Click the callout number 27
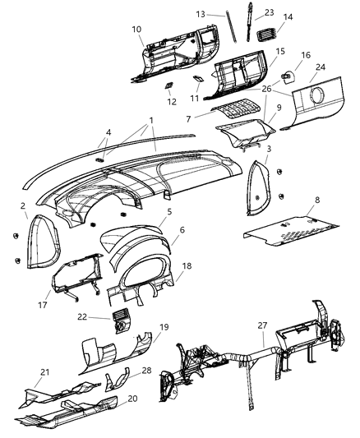[261, 325]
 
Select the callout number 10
[136, 30]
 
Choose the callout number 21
[22, 371]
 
